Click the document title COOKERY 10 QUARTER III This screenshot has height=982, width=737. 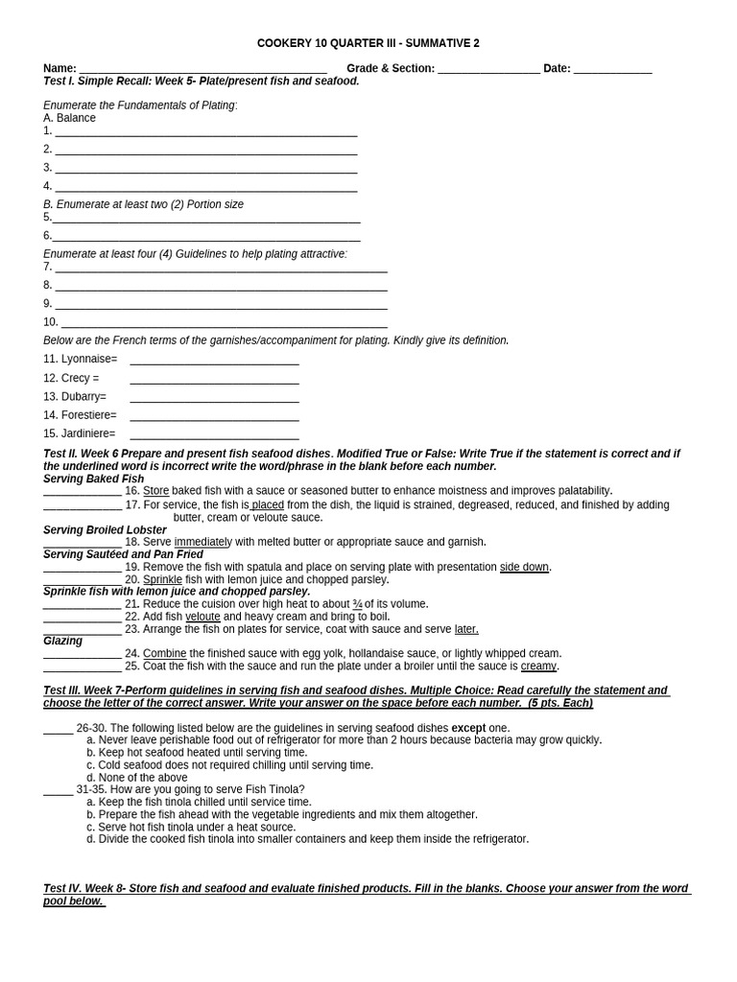tap(368, 43)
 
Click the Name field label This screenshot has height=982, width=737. tap(59, 68)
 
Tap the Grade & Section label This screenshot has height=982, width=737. tap(390, 68)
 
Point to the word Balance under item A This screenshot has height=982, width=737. tap(76, 118)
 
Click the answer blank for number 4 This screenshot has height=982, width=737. tap(205, 186)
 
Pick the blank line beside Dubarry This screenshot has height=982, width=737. tap(214, 397)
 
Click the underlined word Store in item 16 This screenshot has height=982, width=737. tap(155, 491)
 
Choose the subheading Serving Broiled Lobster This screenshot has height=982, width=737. tap(105, 529)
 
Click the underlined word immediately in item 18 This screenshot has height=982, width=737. tap(202, 542)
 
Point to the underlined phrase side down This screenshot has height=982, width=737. tap(524, 567)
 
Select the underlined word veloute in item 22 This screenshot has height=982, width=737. tap(202, 617)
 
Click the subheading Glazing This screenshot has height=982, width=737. tap(62, 641)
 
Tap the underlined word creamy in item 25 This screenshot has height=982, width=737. tap(538, 666)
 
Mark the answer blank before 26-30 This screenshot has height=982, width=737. tap(58, 728)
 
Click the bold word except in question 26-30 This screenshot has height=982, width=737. tap(468, 728)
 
